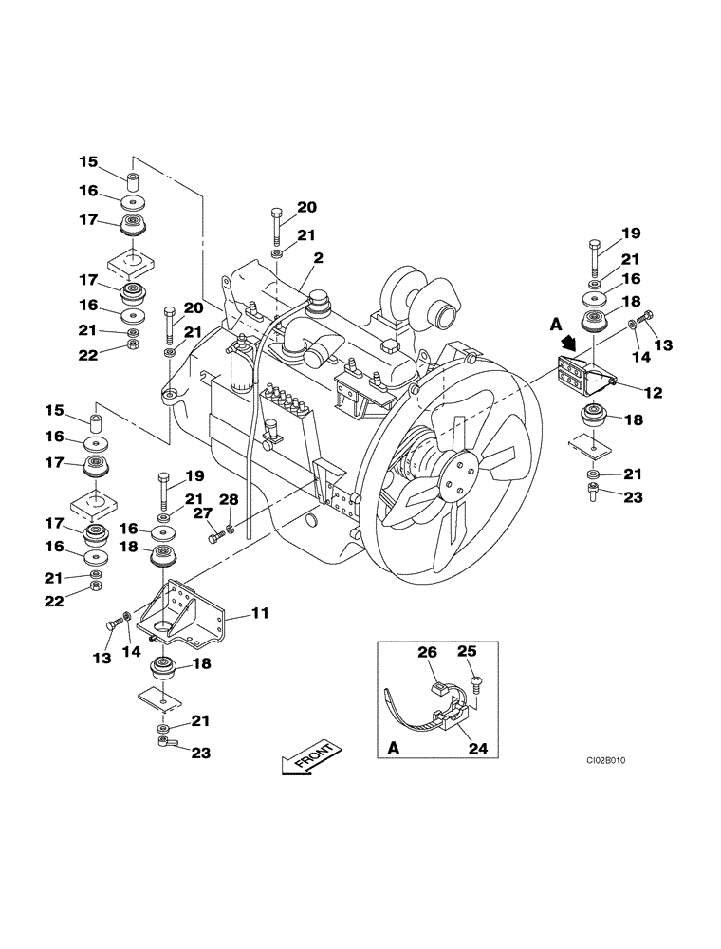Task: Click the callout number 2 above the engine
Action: (318, 258)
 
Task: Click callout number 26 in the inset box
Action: (427, 652)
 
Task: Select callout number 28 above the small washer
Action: (229, 499)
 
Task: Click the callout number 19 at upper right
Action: (632, 231)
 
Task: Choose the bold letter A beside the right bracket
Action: (556, 323)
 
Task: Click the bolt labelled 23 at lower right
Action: (592, 491)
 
